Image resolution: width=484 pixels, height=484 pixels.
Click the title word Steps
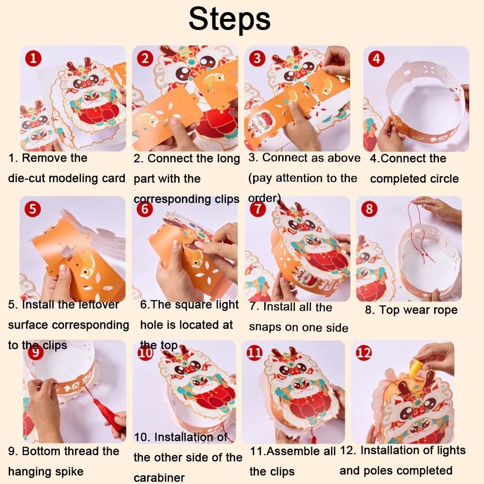229,19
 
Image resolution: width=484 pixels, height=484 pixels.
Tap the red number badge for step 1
33,59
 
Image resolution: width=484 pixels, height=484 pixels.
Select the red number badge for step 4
376,59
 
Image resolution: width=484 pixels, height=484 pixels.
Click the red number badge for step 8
369,209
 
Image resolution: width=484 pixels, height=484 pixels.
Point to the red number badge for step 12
364,352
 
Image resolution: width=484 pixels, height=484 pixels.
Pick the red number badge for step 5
32,209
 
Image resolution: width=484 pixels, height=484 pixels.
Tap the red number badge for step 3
257,59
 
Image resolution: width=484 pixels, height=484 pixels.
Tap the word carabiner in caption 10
159,478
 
